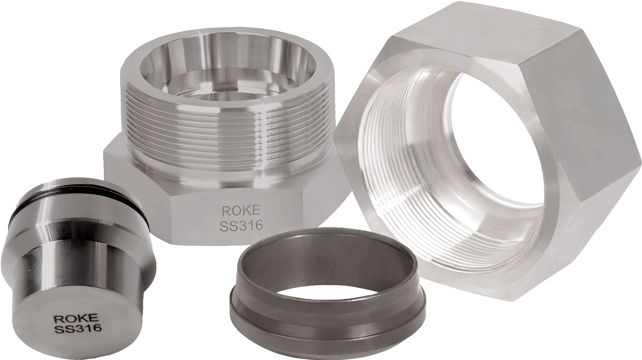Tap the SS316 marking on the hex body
(241, 226)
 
